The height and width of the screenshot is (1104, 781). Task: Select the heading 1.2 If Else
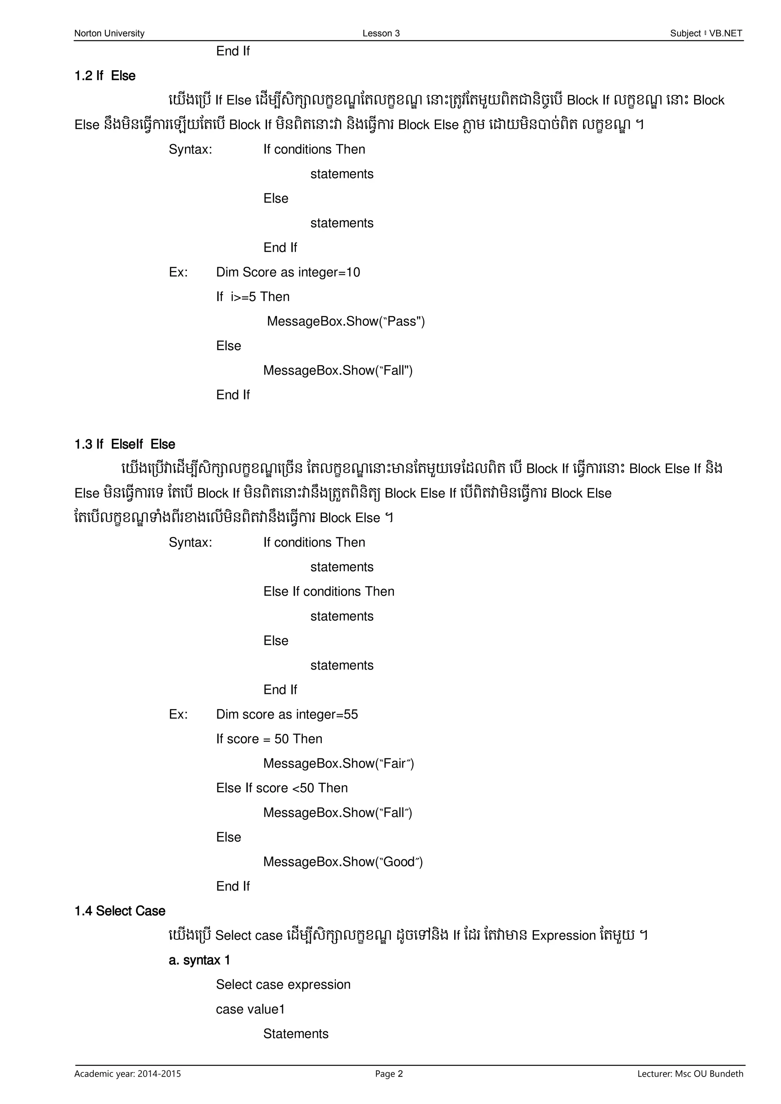tap(105, 76)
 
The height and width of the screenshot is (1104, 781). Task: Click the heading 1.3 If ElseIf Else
tap(125, 444)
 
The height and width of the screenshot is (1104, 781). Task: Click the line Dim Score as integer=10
tap(288, 272)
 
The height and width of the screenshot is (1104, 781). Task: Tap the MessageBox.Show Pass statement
tap(346, 321)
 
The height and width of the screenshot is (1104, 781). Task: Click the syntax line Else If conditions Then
tap(329, 591)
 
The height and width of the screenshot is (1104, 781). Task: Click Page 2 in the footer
tap(389, 1074)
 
